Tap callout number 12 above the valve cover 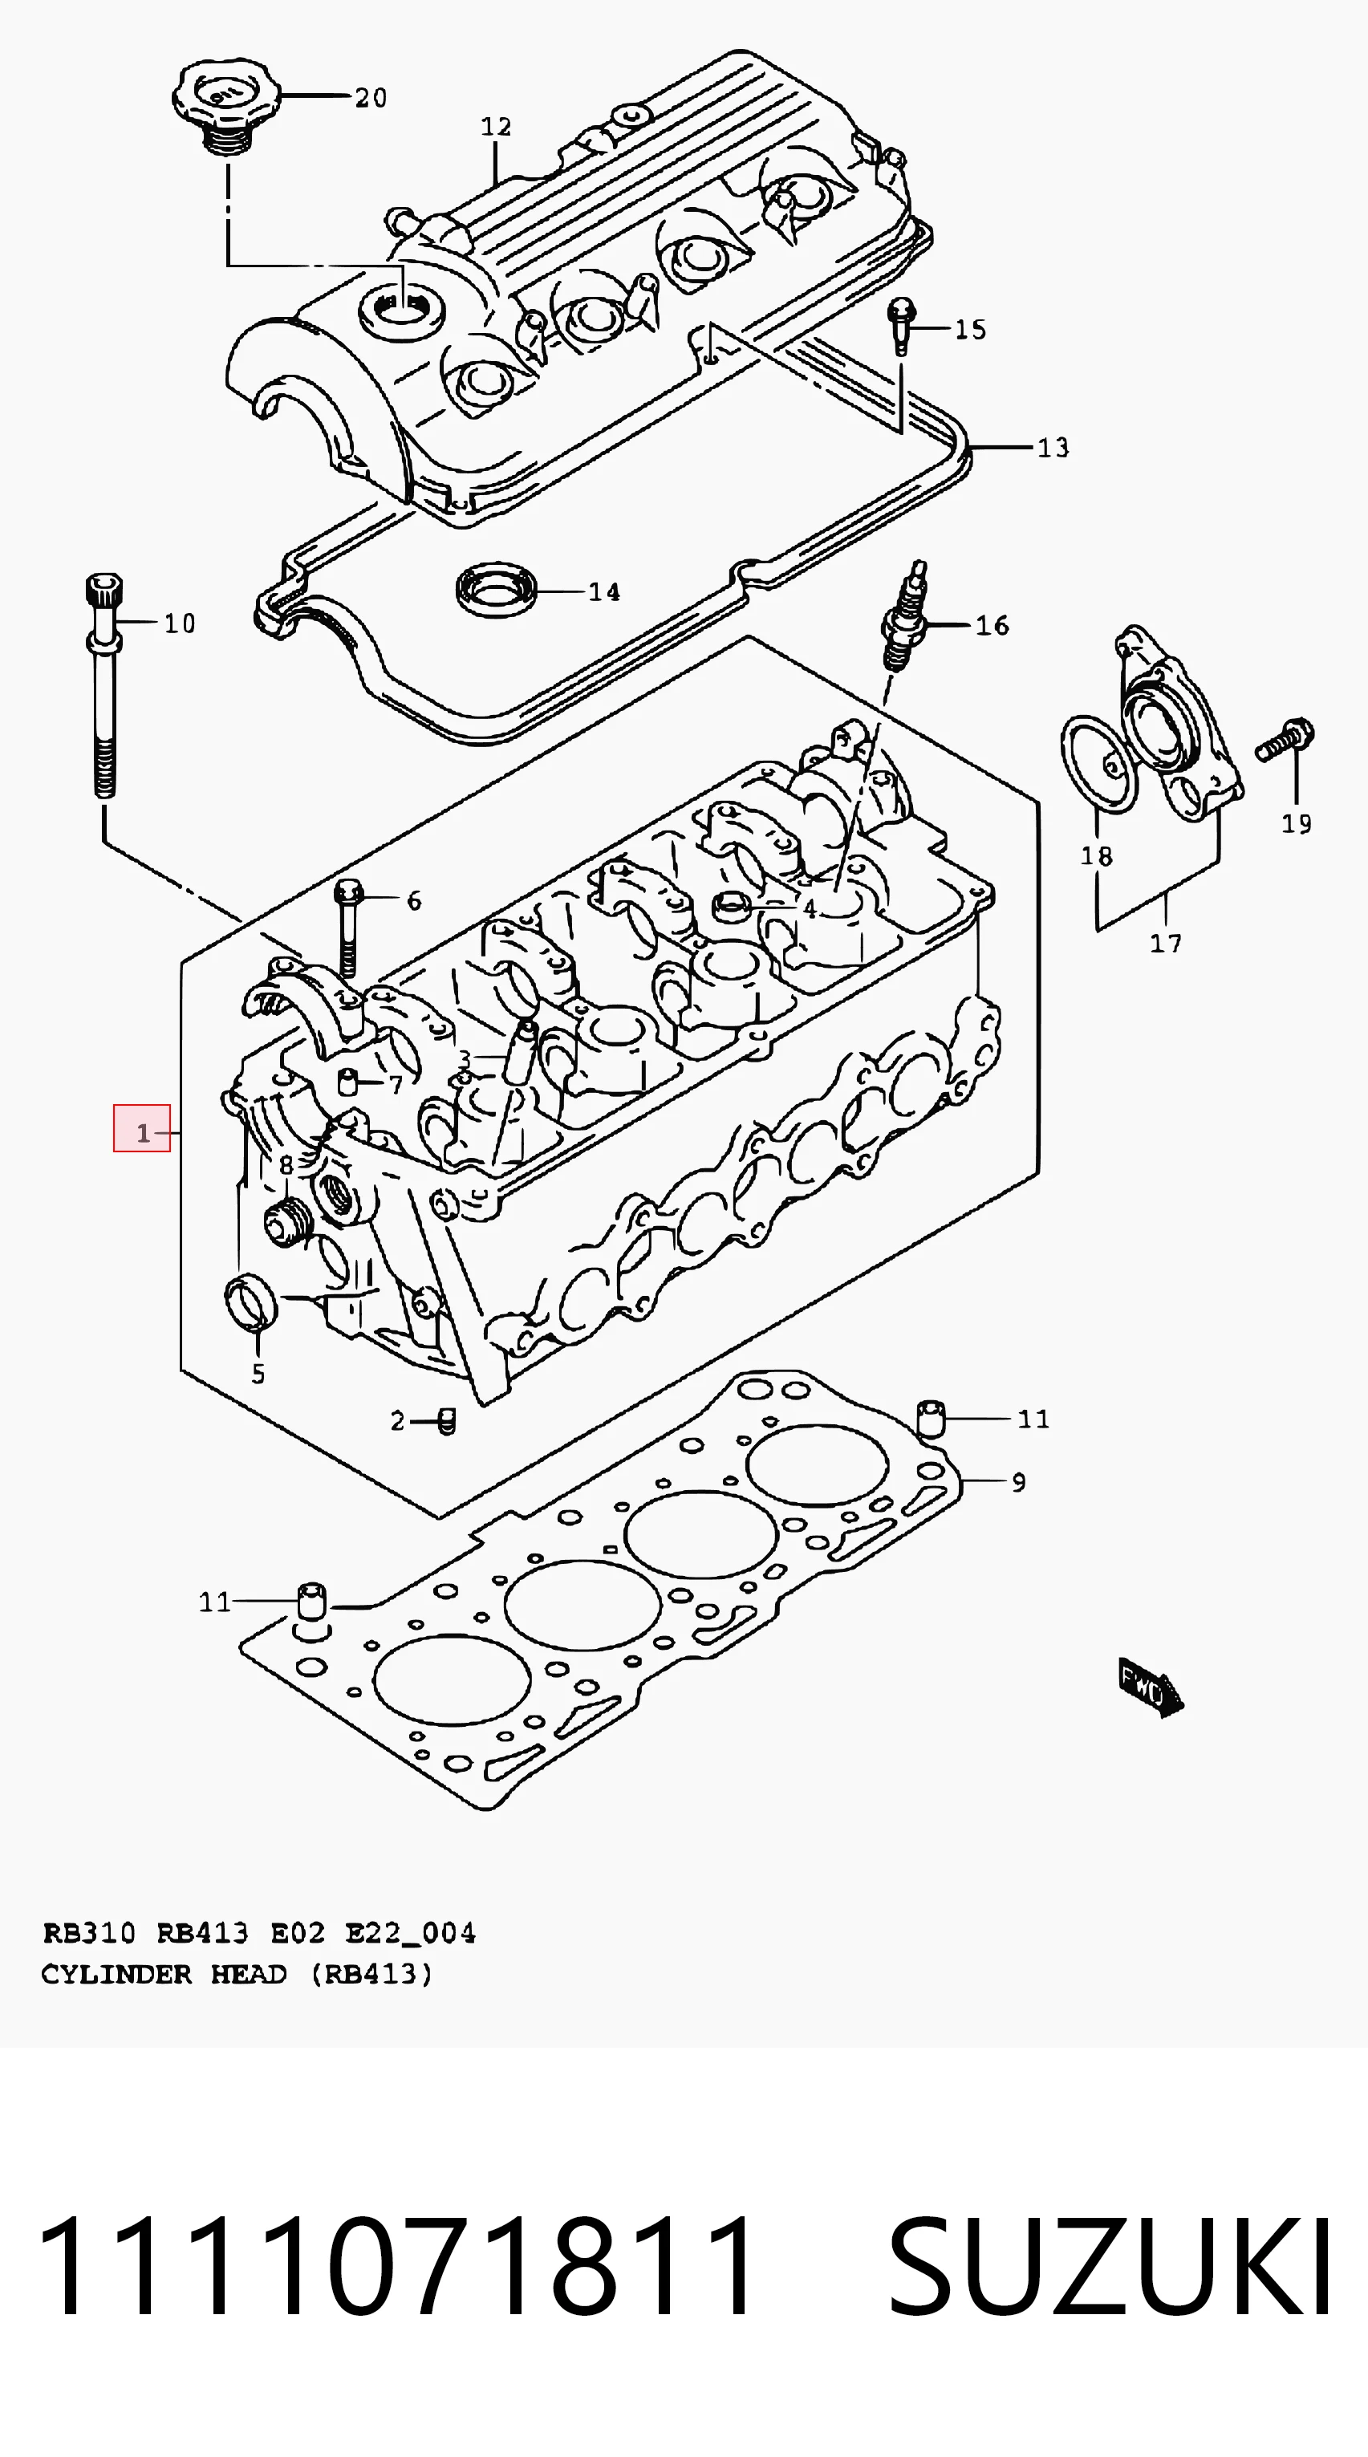(x=496, y=127)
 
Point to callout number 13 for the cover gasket (x=1053, y=447)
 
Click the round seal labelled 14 (x=497, y=590)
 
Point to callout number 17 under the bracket (x=1166, y=944)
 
